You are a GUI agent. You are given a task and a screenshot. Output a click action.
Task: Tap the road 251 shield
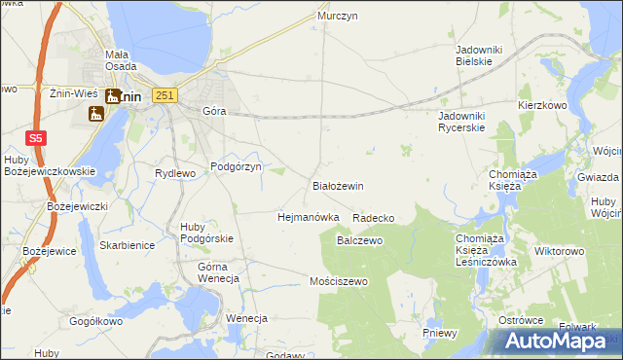pos(165,94)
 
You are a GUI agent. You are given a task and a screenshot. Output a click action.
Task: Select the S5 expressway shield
pos(35,138)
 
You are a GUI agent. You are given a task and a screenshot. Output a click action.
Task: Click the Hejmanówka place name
pos(308,217)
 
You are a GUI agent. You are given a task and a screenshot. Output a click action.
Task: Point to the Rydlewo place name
pos(176,173)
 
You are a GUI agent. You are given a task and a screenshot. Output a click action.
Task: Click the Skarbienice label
pos(127,245)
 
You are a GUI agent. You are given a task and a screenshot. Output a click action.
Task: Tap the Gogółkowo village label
pos(95,320)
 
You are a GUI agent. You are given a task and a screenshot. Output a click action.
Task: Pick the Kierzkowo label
pos(542,104)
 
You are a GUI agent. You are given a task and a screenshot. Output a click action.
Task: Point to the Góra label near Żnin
pos(213,111)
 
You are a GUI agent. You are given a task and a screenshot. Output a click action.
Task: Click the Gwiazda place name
pos(598,178)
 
